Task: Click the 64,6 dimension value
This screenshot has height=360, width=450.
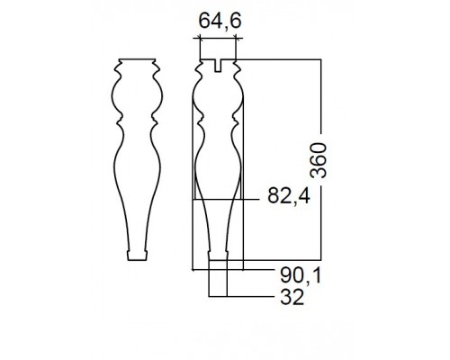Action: pos(220,22)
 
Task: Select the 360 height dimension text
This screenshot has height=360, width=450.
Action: pos(318,160)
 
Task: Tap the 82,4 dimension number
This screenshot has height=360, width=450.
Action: pos(289,196)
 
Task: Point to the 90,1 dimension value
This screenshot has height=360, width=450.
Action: pos(301,275)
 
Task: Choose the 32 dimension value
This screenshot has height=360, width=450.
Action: pos(292,297)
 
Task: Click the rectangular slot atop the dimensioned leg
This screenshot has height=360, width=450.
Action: pos(218,66)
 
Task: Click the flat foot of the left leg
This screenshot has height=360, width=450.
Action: pos(138,256)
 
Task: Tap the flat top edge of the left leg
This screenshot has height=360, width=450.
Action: pos(137,58)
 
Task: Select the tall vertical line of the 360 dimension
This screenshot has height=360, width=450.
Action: pos(321,159)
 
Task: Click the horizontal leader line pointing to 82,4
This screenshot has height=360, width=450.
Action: pos(225,199)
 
